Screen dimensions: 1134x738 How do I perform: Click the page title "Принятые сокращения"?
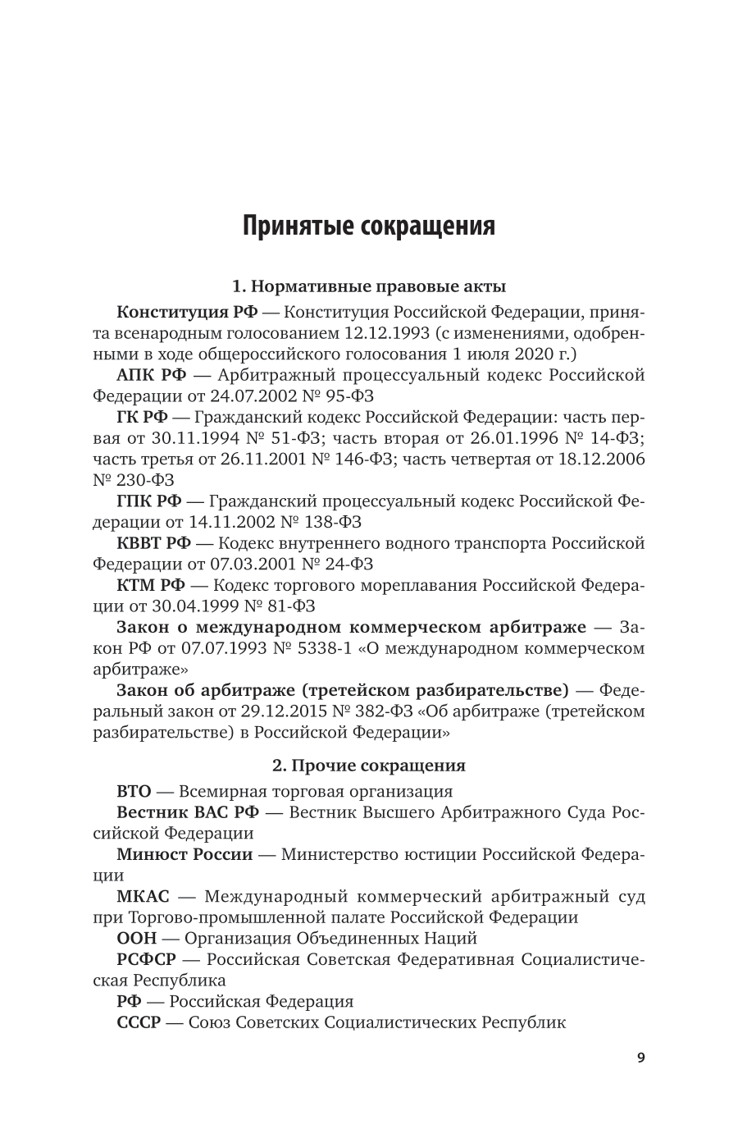368,225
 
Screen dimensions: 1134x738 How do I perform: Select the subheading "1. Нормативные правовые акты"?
368,286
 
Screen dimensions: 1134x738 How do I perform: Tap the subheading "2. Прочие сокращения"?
368,766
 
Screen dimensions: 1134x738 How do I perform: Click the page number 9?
640,1058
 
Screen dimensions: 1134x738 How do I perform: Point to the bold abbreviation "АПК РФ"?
152,375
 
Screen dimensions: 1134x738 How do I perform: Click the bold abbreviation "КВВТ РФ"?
154,543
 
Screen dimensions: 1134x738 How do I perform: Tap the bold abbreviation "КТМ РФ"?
152,585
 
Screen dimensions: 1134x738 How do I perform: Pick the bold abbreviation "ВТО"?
134,792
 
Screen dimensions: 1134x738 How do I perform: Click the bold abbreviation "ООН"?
136,938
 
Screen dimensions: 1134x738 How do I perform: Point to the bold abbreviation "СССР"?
139,1022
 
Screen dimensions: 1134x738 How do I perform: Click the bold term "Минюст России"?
184,854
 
